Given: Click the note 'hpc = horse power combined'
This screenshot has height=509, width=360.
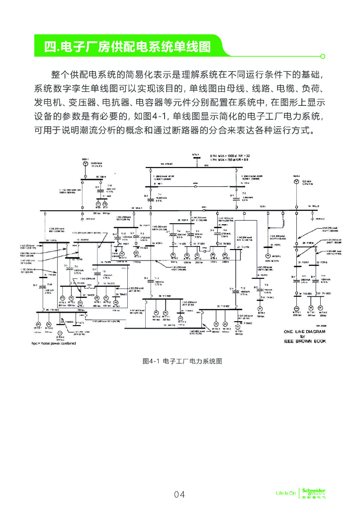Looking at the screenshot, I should (54, 343).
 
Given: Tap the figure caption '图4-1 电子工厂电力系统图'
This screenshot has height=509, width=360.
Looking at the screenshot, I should (181, 361).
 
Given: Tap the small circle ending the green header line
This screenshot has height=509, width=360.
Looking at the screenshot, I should (323, 56).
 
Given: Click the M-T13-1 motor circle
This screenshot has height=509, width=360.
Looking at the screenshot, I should (296, 309).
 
